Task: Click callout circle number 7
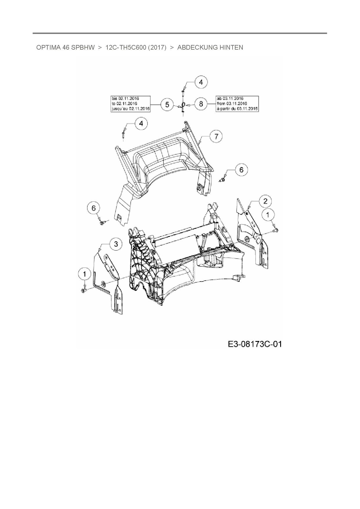[x=216, y=136]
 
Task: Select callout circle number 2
[x=265, y=201]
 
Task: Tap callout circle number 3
[x=116, y=244]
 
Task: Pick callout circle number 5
[x=167, y=104]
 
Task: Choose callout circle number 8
[x=201, y=104]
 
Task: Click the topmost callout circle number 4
[x=201, y=82]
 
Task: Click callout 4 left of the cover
[x=141, y=124]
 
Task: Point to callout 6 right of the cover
[x=241, y=169]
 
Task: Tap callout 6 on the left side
[x=93, y=208]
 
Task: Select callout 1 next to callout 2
[x=268, y=215]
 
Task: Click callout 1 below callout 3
[x=84, y=274]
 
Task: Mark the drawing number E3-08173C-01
[x=255, y=344]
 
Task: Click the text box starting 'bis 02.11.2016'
[x=130, y=104]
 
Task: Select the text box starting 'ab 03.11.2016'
[x=237, y=104]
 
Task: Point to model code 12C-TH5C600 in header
[x=125, y=47]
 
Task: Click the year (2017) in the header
[x=157, y=47]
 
